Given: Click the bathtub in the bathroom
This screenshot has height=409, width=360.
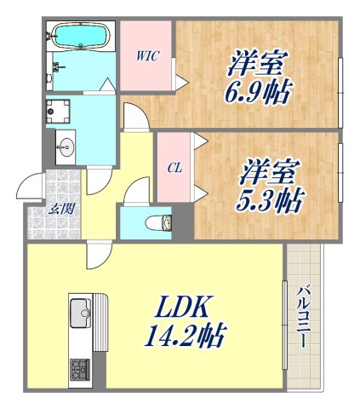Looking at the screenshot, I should [x=81, y=36].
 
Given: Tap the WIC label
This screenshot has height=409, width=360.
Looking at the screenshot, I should [x=146, y=57].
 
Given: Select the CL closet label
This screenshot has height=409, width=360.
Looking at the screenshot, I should [x=173, y=168].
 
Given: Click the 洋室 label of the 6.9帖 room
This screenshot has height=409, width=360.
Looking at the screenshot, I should [x=257, y=61].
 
